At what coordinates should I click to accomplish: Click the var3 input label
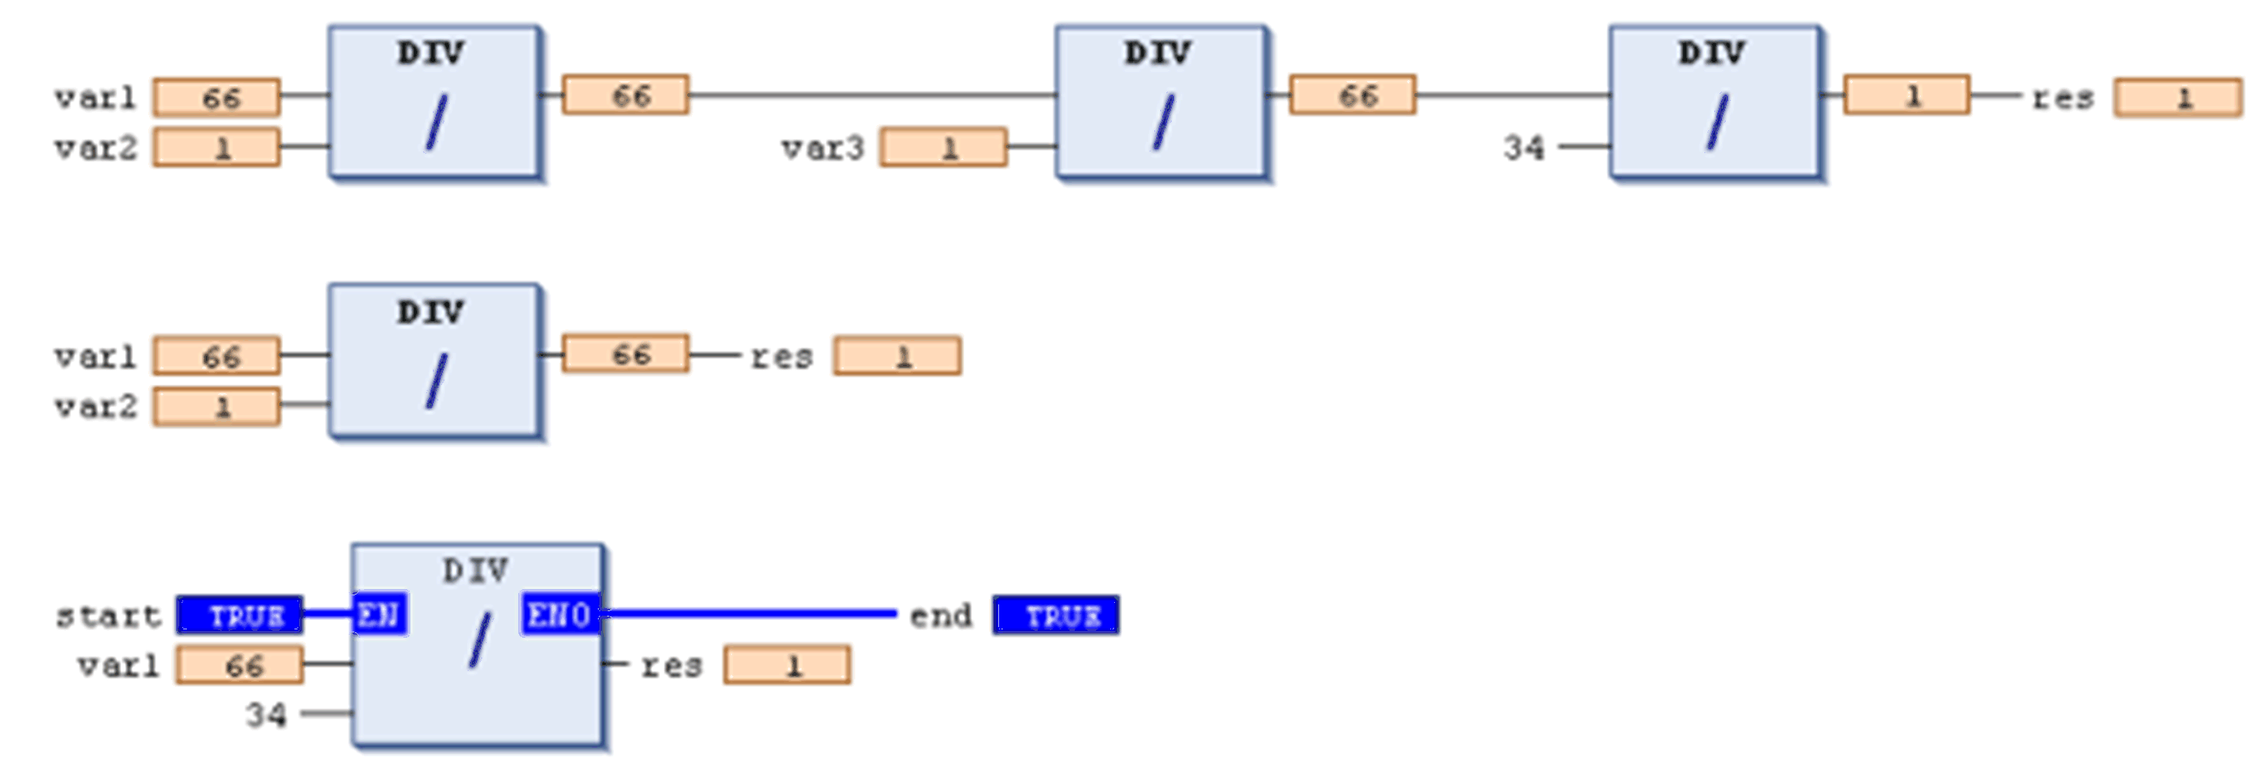pos(822,148)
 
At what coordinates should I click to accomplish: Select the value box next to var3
pos(944,148)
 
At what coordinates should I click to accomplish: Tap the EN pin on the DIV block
pos(379,614)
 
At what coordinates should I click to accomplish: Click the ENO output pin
pos(561,614)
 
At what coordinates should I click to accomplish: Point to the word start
pos(108,616)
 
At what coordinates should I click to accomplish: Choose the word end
pos(941,616)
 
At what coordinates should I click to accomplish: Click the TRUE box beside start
pos(239,615)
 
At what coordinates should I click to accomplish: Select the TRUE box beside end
pos(1057,615)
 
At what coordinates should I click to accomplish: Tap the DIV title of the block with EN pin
pos(475,572)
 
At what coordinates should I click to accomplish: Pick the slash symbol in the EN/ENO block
pos(479,641)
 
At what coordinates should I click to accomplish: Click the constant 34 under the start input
pos(266,715)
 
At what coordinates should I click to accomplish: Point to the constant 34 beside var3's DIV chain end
pos(1523,148)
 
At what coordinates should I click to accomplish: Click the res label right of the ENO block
pos(671,666)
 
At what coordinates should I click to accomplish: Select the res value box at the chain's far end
pos(2178,98)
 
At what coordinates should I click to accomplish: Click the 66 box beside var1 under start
pos(239,665)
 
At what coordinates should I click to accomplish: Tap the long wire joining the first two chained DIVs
pos(873,95)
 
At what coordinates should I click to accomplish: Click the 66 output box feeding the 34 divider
pos(1353,95)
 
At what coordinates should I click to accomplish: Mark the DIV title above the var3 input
pos(1158,54)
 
